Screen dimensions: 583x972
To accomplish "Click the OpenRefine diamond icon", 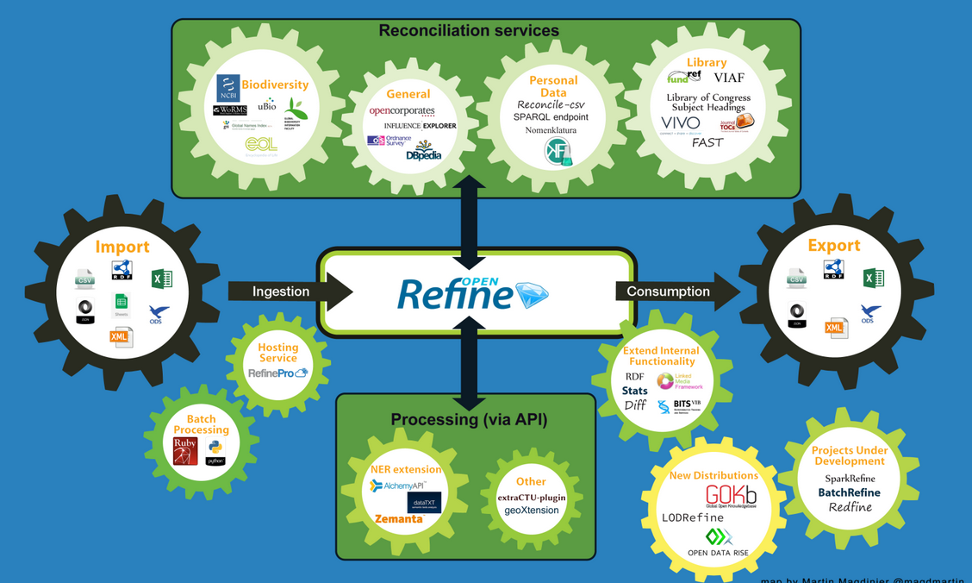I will (532, 294).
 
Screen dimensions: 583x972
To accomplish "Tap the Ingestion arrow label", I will (281, 291).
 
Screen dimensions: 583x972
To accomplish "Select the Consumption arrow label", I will (668, 291).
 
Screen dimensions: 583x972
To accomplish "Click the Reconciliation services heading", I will (469, 31).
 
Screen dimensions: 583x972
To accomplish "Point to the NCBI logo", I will (227, 89).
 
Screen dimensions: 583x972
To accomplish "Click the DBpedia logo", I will (424, 152).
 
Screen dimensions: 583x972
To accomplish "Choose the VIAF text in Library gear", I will (729, 78).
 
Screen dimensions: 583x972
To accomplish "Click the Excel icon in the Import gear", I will (161, 279).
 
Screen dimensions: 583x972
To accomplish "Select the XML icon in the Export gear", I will (835, 328).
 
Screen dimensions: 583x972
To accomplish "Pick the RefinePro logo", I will (277, 373).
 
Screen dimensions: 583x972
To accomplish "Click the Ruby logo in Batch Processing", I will (185, 451).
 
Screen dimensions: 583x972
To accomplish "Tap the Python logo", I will (215, 452).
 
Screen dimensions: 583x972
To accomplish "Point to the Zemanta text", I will (398, 519).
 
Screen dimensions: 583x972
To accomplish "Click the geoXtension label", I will (532, 511).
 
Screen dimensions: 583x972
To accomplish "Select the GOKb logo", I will (731, 496).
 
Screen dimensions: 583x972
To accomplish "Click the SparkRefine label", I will (850, 479).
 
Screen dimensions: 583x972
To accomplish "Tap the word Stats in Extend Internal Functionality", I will (635, 391).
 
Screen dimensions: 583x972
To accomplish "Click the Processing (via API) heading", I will (469, 420).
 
